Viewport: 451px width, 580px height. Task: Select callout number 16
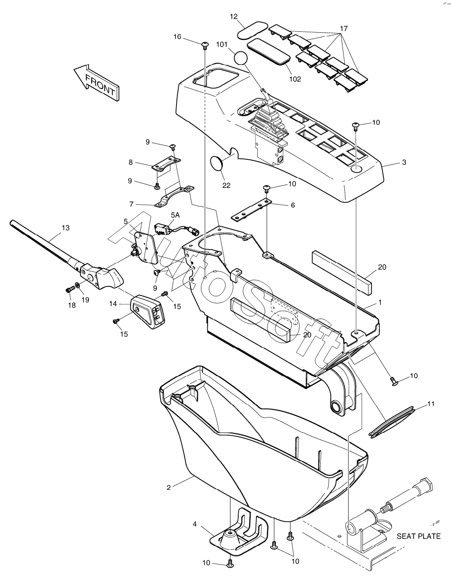[177, 37]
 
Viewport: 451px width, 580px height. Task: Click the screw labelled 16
[205, 45]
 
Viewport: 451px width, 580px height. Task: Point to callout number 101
[222, 44]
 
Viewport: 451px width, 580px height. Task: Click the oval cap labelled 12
[252, 30]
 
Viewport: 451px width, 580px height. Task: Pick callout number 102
[295, 79]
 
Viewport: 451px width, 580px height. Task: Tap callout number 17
[344, 28]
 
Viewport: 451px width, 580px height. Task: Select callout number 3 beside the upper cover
[404, 162]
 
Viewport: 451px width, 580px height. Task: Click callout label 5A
[175, 215]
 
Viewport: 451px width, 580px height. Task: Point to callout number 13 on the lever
[66, 228]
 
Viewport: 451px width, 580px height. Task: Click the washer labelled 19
[77, 285]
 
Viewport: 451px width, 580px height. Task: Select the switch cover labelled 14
[147, 311]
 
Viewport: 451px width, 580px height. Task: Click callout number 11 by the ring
[431, 404]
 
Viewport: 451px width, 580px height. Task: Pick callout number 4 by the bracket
[195, 524]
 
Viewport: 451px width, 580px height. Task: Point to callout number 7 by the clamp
[131, 204]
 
